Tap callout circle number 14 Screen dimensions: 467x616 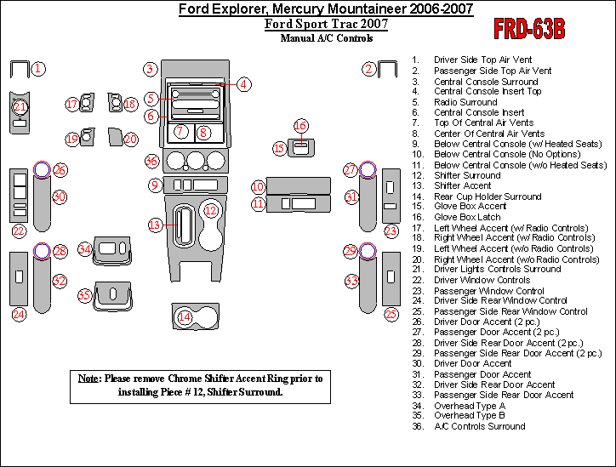pyautogui.click(x=184, y=317)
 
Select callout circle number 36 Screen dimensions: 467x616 pyautogui.click(x=151, y=161)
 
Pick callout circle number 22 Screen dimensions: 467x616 pyautogui.click(x=19, y=231)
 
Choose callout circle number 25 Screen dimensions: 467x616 pyautogui.click(x=391, y=315)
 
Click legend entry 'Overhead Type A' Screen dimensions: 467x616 pyautogui.click(x=469, y=406)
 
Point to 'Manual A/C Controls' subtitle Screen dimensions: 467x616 pyautogui.click(x=326, y=38)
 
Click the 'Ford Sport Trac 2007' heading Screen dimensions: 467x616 pyautogui.click(x=326, y=24)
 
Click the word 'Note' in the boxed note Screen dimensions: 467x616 pyautogui.click(x=89, y=378)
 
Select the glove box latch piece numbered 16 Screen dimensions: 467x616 pyautogui.click(x=299, y=147)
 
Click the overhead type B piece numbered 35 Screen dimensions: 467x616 pyautogui.click(x=112, y=294)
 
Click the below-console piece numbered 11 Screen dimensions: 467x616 pyautogui.click(x=293, y=203)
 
